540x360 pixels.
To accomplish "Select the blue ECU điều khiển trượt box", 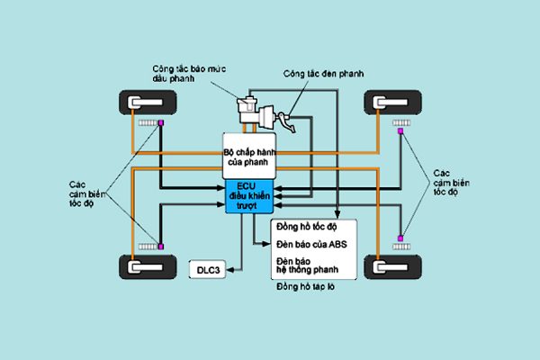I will coord(247,197).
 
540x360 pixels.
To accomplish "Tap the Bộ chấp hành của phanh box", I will coord(247,157).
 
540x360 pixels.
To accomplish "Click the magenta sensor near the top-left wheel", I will coord(160,122).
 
